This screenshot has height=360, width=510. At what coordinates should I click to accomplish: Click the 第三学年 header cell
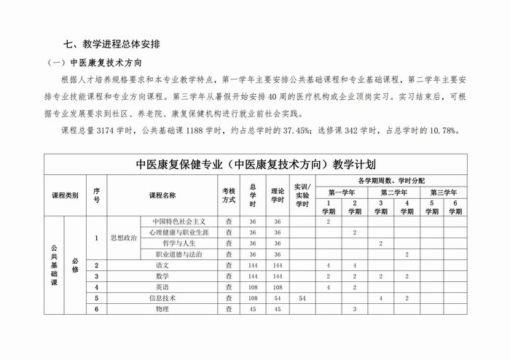pos(443,192)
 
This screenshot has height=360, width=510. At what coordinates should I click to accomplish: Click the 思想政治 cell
pos(122,238)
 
